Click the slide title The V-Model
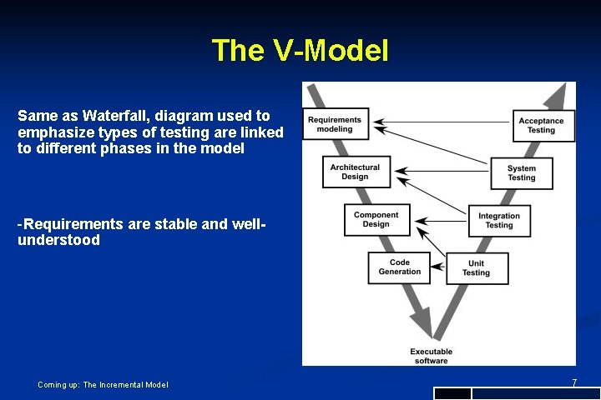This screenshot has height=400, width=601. (x=300, y=51)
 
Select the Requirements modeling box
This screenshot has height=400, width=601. (x=335, y=125)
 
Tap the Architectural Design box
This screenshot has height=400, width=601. (x=355, y=172)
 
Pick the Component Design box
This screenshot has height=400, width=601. (x=376, y=219)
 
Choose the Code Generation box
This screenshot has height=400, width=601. (x=400, y=267)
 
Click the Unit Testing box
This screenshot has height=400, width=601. (x=476, y=267)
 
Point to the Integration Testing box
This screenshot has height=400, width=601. (x=499, y=220)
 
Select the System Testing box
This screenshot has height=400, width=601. (x=522, y=172)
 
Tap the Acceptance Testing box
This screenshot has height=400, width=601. (x=541, y=125)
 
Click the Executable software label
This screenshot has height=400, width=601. (x=430, y=356)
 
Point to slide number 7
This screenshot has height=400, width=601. (x=574, y=382)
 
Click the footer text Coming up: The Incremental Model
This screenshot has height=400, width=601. (x=103, y=384)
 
